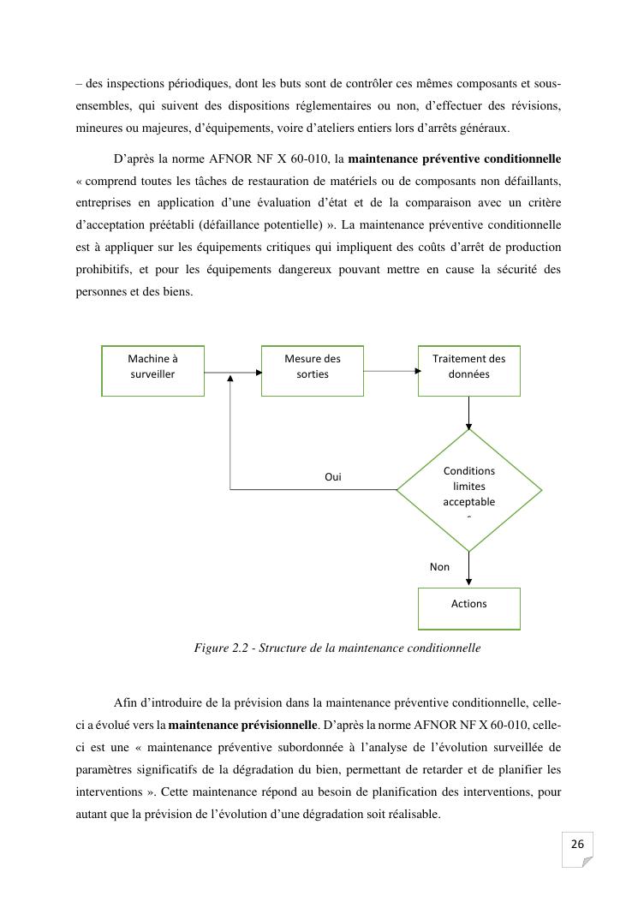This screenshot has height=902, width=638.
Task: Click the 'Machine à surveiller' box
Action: pyautogui.click(x=152, y=370)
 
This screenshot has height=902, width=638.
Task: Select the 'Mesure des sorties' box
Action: pyautogui.click(x=312, y=370)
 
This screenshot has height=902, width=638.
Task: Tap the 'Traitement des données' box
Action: pyautogui.click(x=468, y=370)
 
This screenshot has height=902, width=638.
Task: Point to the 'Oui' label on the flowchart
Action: pyautogui.click(x=332, y=477)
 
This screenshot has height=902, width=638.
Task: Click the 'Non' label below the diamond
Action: pyautogui.click(x=439, y=567)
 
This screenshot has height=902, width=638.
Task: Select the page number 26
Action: pyautogui.click(x=577, y=845)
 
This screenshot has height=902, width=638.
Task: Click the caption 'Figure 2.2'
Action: pyautogui.click(x=222, y=648)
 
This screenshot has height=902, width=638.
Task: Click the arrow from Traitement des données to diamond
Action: pyautogui.click(x=468, y=412)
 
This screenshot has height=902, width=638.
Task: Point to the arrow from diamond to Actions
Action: pyautogui.click(x=468, y=569)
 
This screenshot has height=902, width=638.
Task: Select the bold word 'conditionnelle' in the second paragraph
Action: pyautogui.click(x=522, y=159)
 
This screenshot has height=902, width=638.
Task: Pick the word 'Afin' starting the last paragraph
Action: pyautogui.click(x=124, y=704)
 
